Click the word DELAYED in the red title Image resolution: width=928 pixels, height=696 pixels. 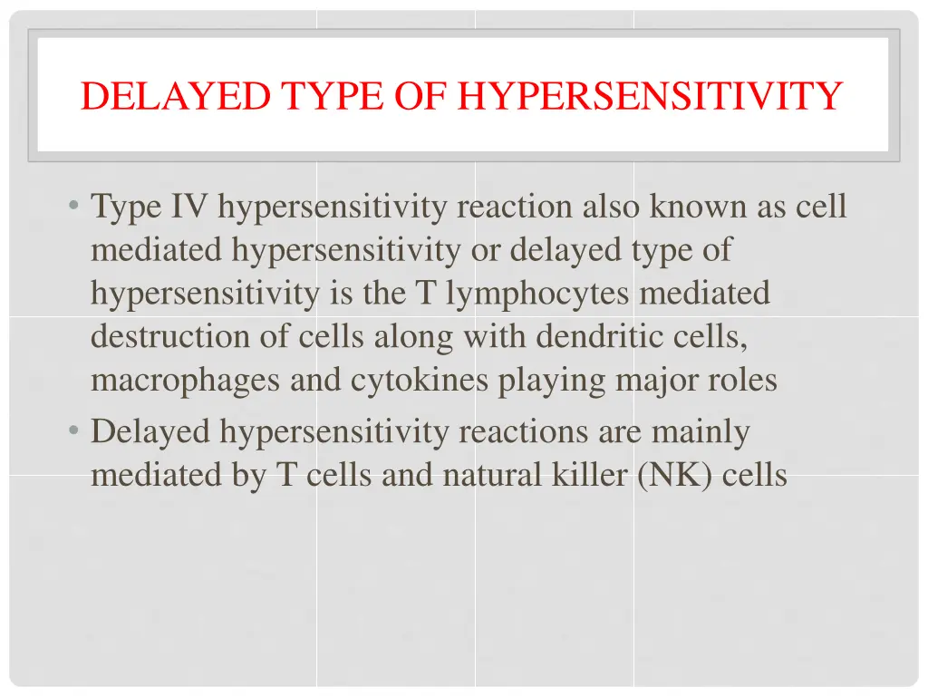tap(175, 96)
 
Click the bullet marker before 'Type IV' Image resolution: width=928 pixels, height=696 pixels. tap(72, 207)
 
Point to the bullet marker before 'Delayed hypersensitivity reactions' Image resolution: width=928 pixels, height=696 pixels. tap(72, 431)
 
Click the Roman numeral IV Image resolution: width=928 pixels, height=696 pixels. tap(190, 207)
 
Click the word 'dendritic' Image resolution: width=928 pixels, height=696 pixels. tap(593, 336)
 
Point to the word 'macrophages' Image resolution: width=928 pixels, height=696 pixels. tap(185, 381)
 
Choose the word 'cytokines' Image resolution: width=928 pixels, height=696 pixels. tap(420, 381)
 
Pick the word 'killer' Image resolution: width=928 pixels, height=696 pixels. tap(589, 475)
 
